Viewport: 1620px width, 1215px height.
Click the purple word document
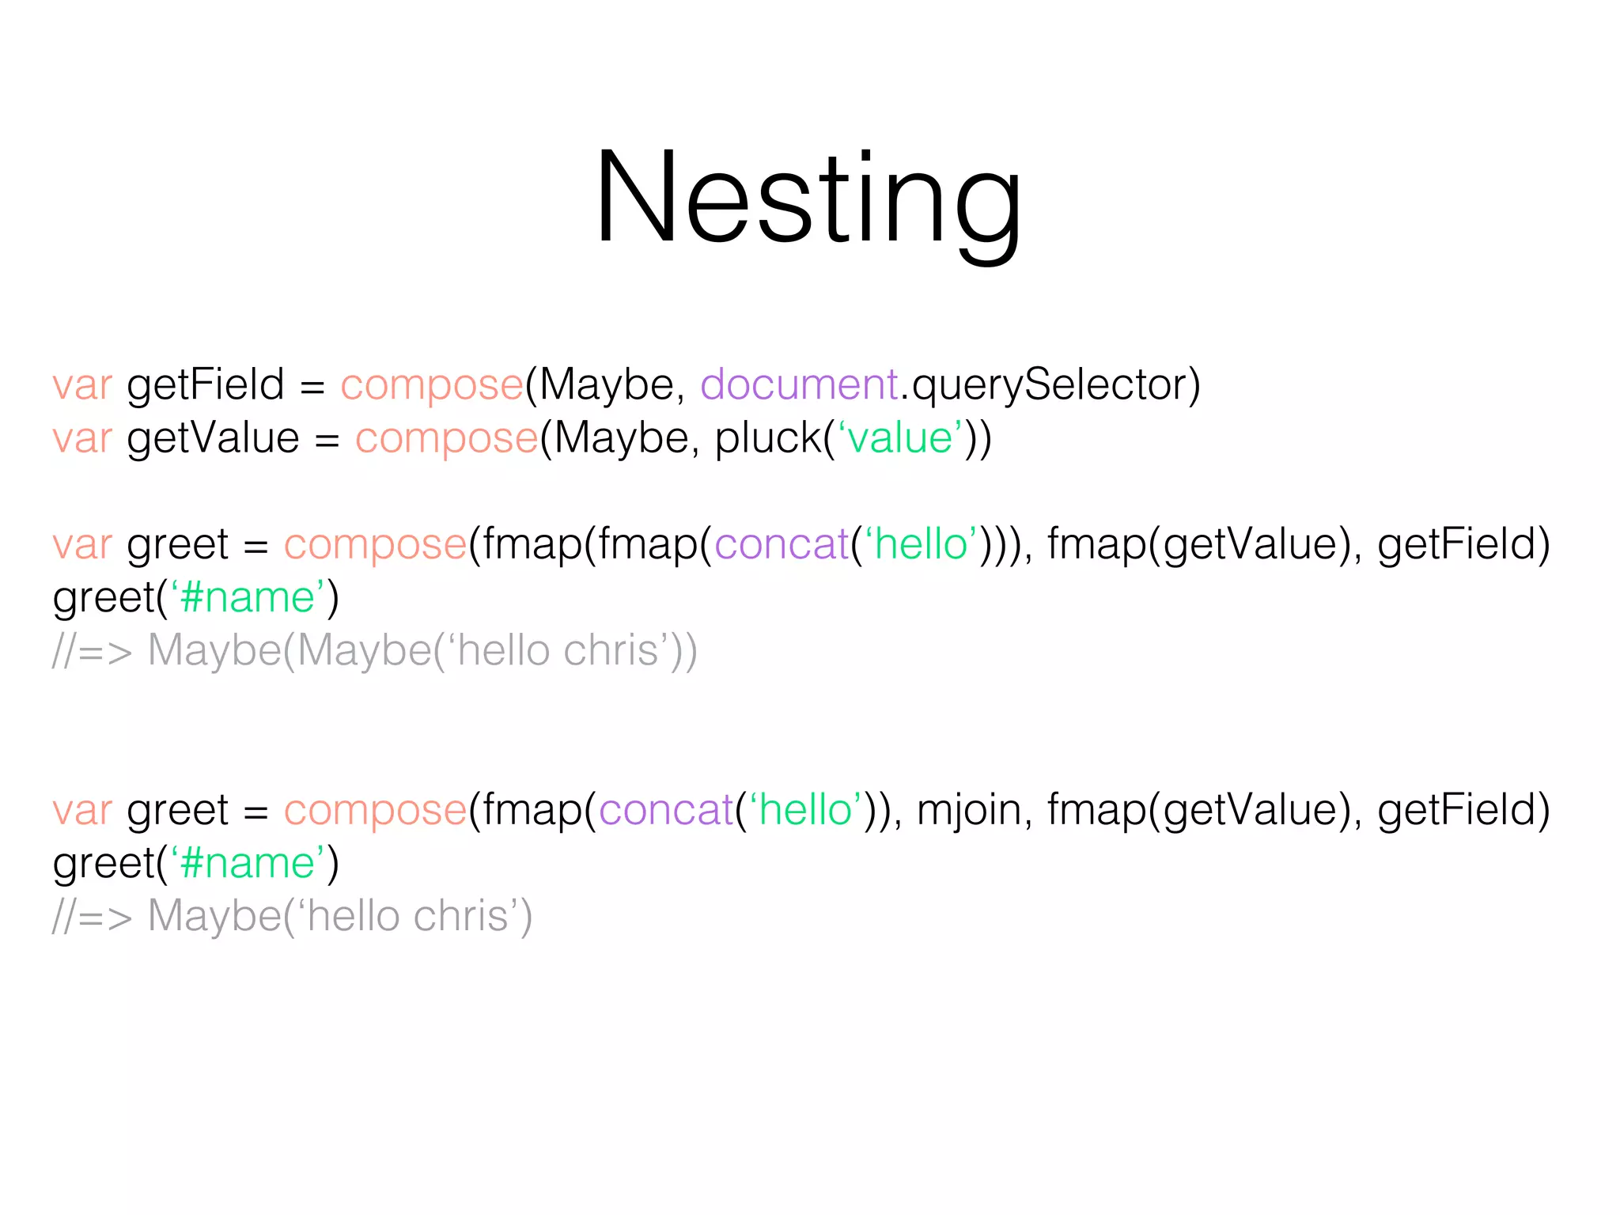coord(799,385)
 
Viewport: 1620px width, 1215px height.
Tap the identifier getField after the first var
coord(205,385)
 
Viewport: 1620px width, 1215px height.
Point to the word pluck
coord(767,438)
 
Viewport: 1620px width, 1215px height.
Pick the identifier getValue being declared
coord(213,438)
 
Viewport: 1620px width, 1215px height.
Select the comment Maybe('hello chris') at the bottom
coord(340,917)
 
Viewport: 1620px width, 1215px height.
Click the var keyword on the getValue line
coord(82,438)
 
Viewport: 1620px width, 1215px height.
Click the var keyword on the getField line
coord(82,385)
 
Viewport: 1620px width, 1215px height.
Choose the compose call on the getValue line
coord(446,438)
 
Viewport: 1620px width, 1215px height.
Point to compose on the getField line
coord(432,385)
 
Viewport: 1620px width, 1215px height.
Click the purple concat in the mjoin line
coord(666,810)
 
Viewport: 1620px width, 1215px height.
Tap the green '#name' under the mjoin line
coord(248,863)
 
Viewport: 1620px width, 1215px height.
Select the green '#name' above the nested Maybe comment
coord(248,597)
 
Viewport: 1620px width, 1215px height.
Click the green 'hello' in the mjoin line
coord(805,810)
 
